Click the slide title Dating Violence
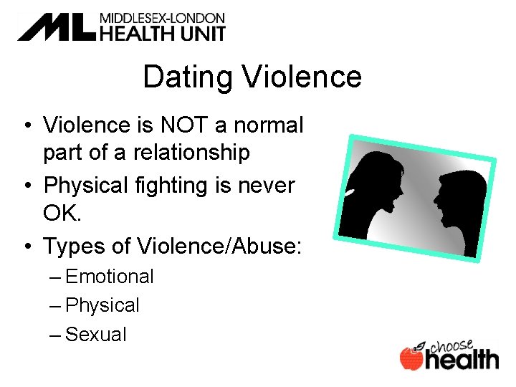[252, 77]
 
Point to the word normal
[269, 125]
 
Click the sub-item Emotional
[110, 277]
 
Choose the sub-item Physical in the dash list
[102, 305]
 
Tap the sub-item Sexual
[96, 334]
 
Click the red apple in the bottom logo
[411, 358]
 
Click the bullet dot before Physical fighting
[25, 186]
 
